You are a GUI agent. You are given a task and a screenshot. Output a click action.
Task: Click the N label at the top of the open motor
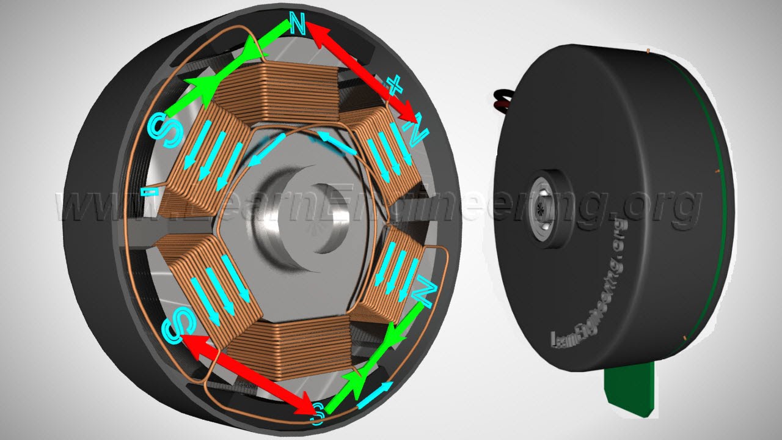297,23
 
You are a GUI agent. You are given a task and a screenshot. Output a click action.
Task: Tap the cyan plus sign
395,86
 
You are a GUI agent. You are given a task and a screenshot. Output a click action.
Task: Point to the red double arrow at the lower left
247,374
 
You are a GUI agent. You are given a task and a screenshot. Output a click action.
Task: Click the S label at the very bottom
317,414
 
